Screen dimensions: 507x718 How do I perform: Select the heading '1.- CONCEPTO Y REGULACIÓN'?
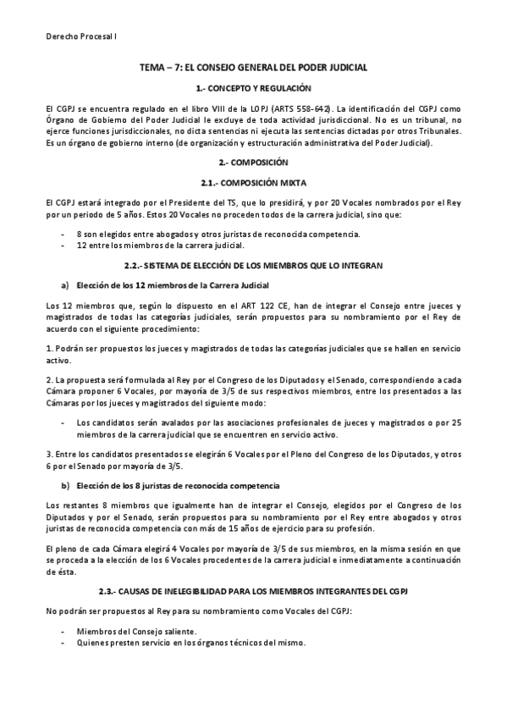click(x=253, y=88)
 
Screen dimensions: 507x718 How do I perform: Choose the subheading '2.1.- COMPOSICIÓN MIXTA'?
click(x=253, y=182)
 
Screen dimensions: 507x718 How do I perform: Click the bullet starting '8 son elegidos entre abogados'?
click(x=218, y=234)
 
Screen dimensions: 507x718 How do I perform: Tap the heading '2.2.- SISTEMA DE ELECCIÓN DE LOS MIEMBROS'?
click(x=253, y=266)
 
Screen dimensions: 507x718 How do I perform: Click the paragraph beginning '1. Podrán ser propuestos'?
click(x=253, y=353)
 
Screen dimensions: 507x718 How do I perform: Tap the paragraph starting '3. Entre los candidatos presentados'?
click(x=253, y=461)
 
